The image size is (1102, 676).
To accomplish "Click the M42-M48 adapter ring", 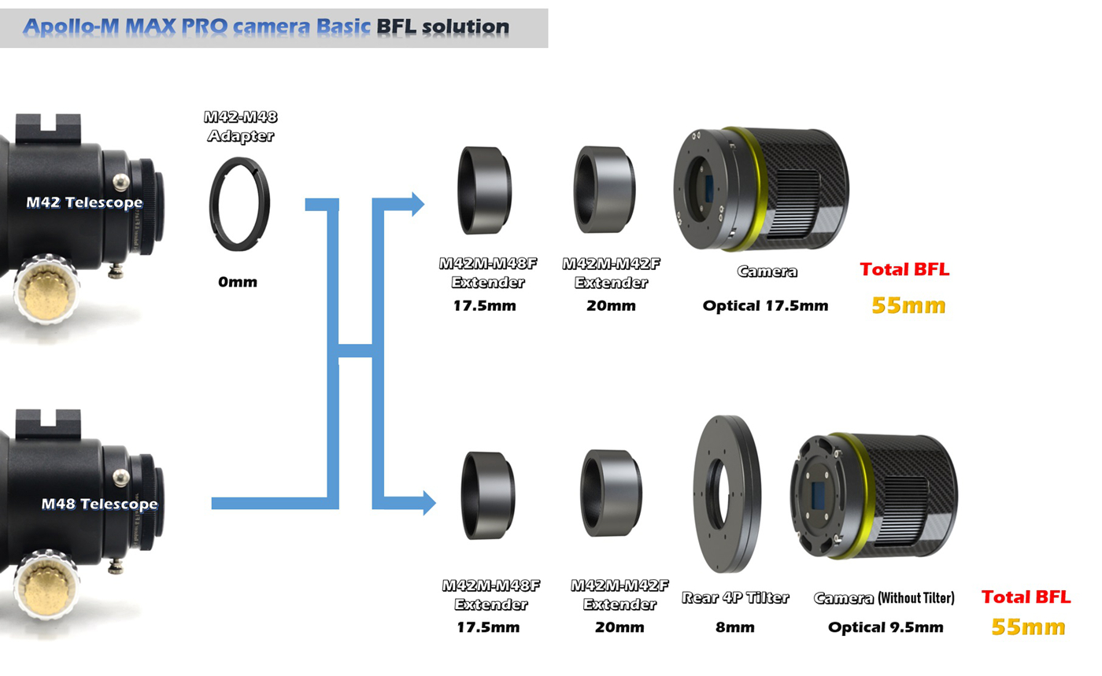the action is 239,204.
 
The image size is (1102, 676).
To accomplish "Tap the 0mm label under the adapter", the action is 238,282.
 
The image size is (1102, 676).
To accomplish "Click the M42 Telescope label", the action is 84,202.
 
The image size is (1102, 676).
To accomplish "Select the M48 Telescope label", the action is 99,504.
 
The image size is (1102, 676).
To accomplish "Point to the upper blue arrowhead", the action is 418,204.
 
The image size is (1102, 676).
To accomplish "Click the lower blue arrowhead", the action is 430,503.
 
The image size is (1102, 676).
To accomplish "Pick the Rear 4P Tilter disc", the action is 727,494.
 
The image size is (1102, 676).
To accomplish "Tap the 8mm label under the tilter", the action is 735,627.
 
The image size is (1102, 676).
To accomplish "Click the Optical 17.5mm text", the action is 765,305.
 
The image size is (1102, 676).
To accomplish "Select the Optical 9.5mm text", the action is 886,627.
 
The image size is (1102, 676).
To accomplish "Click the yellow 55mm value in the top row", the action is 908,305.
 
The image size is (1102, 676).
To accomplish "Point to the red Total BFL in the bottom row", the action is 1026,597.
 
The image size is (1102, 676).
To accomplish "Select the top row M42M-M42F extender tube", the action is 605,189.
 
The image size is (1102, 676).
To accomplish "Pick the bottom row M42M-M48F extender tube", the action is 488,495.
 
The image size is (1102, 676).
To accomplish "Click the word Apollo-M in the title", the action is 72,27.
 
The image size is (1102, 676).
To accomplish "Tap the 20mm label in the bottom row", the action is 619,627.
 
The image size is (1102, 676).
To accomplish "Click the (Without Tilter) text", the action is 916,598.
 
